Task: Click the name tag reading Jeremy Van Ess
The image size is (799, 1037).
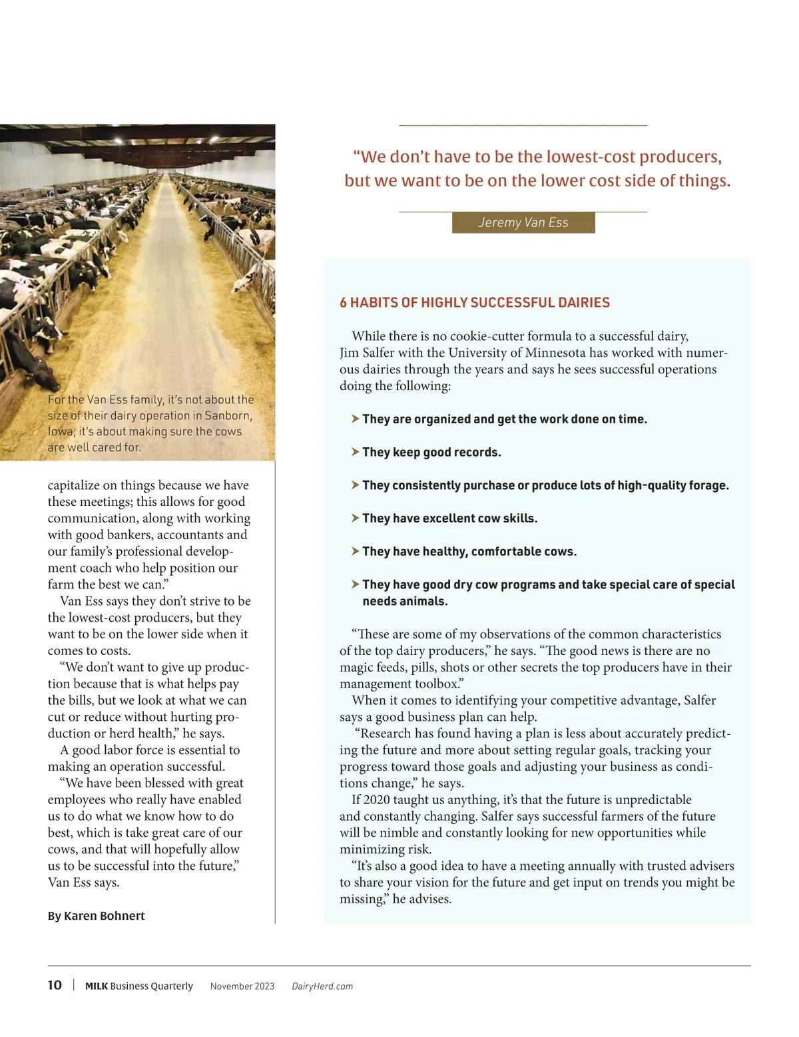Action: click(x=523, y=222)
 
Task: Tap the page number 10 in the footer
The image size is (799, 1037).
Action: click(x=55, y=985)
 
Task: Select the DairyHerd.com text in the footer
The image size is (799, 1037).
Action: click(x=322, y=986)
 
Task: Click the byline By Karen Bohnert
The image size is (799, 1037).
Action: click(x=96, y=916)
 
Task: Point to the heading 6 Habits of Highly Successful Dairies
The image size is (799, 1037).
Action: click(x=475, y=303)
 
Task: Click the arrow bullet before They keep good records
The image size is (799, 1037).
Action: click(x=355, y=452)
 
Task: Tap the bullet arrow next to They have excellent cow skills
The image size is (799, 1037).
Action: click(x=355, y=518)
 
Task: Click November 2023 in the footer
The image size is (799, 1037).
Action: click(x=242, y=986)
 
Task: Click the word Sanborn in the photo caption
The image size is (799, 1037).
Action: click(x=228, y=415)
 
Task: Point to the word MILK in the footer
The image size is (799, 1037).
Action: click(x=97, y=986)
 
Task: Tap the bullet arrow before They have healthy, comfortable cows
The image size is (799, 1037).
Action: click(x=355, y=551)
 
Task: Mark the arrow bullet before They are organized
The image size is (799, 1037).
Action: click(x=355, y=419)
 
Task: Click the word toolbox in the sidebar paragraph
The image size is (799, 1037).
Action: click(x=438, y=684)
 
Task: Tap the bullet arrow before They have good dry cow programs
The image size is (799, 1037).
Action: click(x=355, y=584)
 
